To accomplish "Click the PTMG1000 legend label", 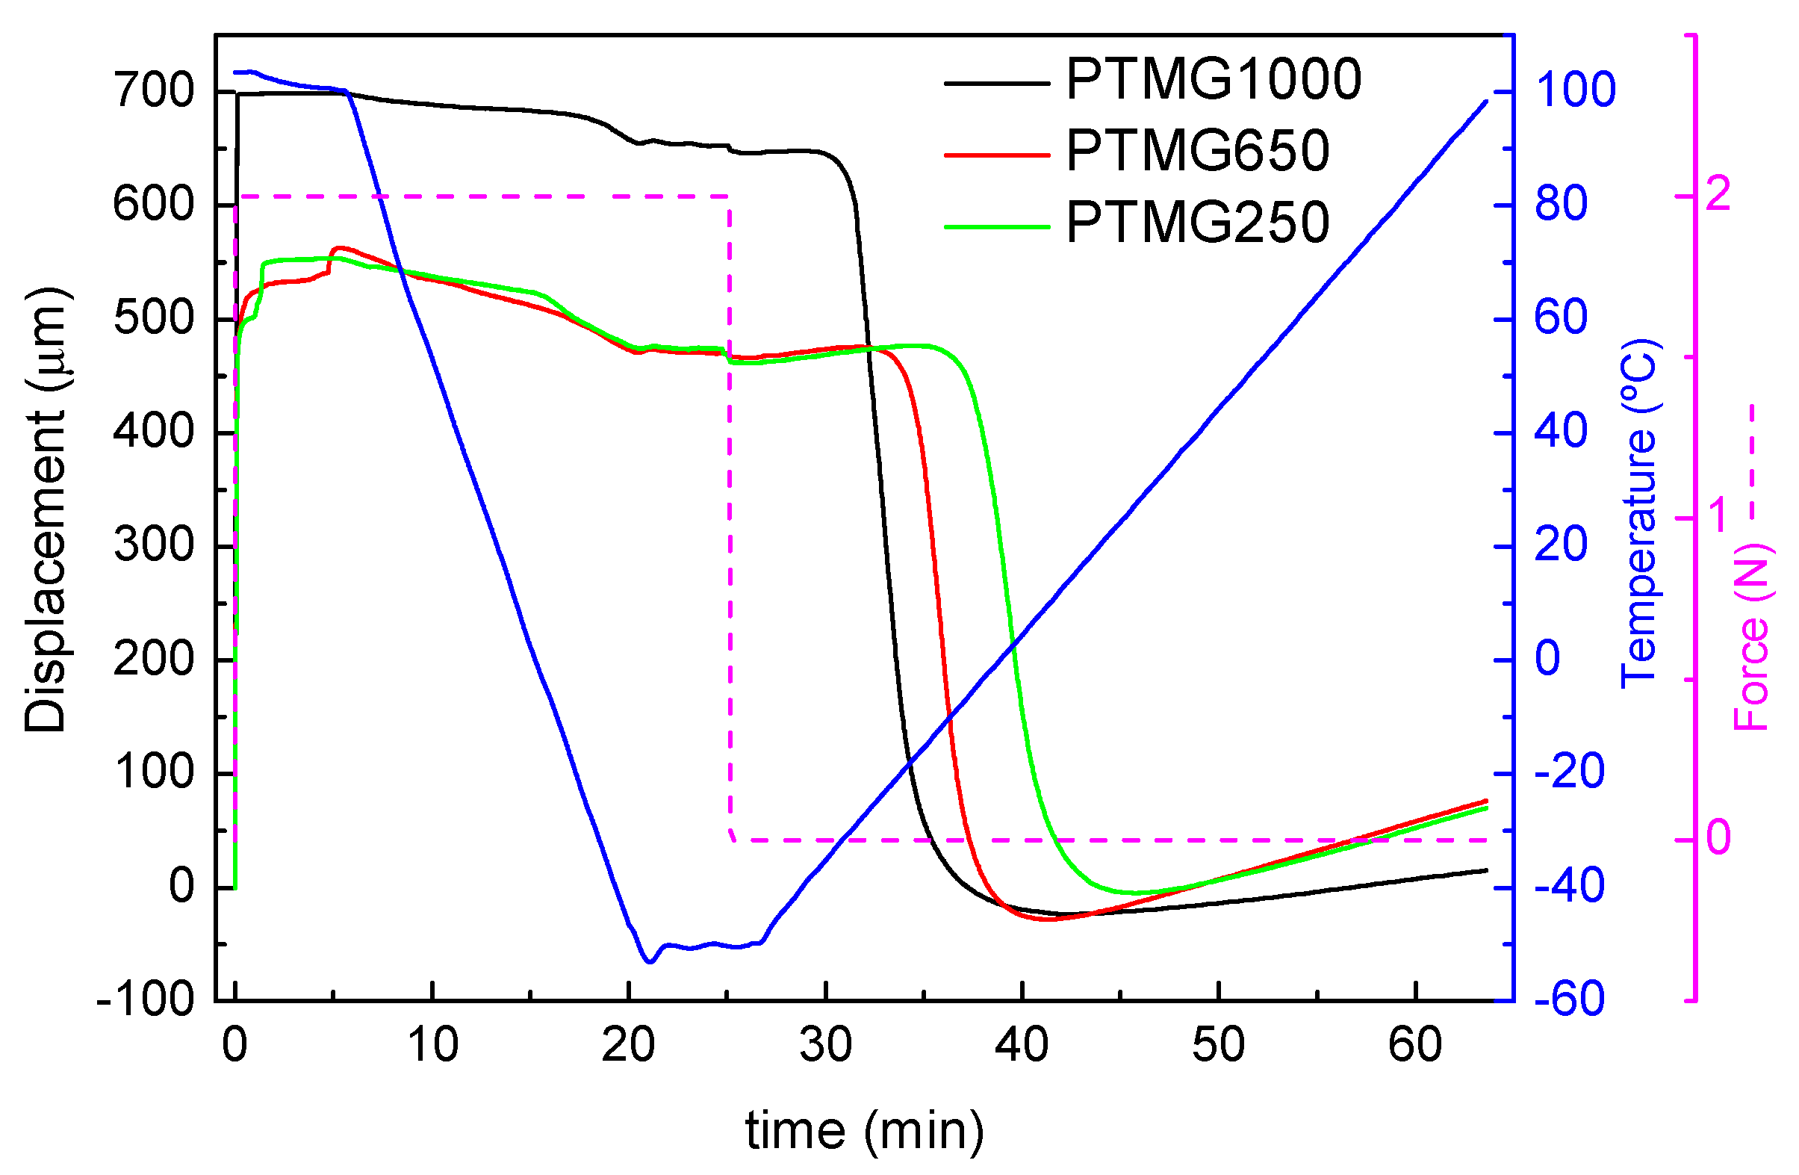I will point(1213,79).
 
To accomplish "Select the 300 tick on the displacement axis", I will point(153,545).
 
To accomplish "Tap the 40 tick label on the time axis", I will point(1021,1045).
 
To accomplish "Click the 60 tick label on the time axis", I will point(1415,1045).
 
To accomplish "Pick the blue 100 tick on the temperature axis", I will point(1574,90).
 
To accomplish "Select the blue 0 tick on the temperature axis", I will point(1547,659).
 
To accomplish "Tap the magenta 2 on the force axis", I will point(1718,194).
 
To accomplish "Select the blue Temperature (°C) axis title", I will point(1638,514).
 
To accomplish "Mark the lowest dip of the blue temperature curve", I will point(649,962).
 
